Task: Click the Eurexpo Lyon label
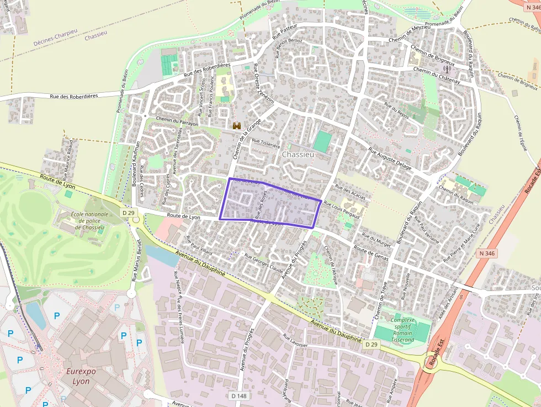point(81,376)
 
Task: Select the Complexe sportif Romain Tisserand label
point(402,330)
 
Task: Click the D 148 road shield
point(239,395)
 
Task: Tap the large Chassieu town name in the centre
point(298,155)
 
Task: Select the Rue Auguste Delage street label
point(390,156)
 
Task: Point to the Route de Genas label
point(371,253)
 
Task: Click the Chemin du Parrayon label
point(177,121)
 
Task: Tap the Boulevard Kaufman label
point(135,163)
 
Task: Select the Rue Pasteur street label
point(285,31)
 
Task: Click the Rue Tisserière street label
point(266,142)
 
